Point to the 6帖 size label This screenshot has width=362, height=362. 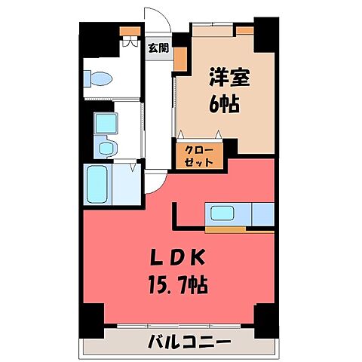click(224, 104)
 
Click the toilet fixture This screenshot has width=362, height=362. click(99, 78)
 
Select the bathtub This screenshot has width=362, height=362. click(98, 185)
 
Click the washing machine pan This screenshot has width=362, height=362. click(105, 122)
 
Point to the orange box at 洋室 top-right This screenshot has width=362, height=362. click(244, 31)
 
